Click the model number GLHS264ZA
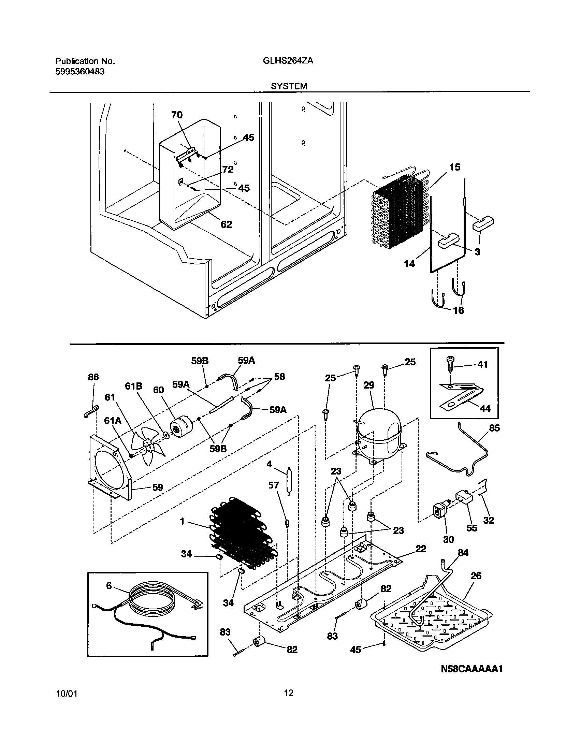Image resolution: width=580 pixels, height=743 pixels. coord(288,61)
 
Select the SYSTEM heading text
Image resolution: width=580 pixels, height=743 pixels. coord(289,87)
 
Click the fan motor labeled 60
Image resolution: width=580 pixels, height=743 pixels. coord(181,427)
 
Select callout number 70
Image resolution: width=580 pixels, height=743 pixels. coord(177,115)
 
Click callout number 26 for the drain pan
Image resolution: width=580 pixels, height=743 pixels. coord(476,576)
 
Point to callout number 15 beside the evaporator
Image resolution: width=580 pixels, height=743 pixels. coord(454,167)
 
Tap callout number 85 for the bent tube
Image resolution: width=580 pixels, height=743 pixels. coord(494,428)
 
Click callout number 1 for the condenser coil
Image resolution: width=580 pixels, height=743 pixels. coord(182,521)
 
